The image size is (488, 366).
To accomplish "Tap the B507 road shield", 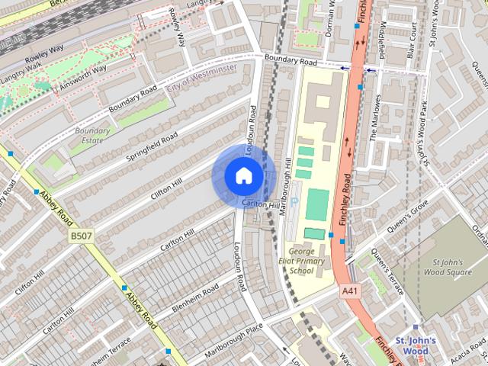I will (x=82, y=236).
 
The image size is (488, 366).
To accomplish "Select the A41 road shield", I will (x=350, y=291).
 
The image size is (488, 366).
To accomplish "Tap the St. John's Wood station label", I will (x=416, y=345).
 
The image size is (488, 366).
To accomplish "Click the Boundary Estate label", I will (x=92, y=135).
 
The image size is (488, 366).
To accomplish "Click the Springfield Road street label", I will (x=153, y=147).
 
